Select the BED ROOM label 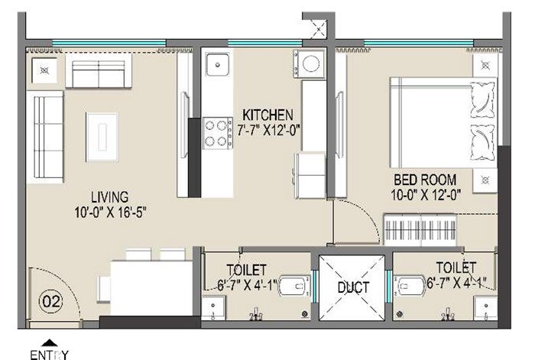coord(424,181)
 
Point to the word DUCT coord(353,288)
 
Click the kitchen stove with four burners coord(218,132)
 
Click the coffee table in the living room coord(102,135)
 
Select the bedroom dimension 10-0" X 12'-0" coord(424,195)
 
